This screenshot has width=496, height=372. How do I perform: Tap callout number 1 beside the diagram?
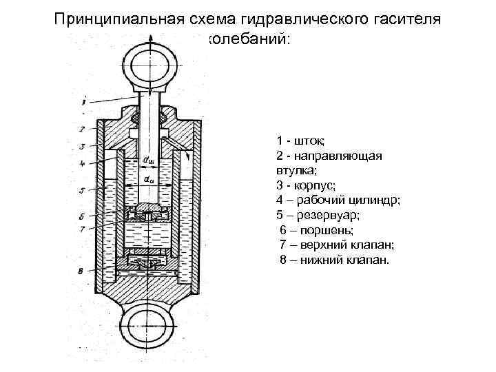click(x=82, y=102)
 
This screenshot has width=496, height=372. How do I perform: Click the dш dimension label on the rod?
click(x=148, y=161)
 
